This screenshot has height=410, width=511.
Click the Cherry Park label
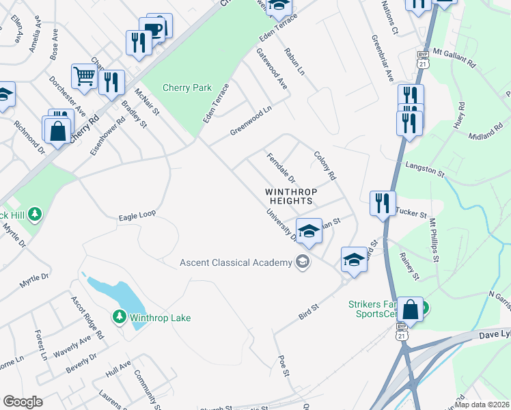pos(187,87)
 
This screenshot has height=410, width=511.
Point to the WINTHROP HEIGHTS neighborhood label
pos(290,197)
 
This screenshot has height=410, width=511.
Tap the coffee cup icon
pos(156,29)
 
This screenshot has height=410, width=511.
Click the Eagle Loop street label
pos(137,214)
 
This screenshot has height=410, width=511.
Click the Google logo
pos(22,402)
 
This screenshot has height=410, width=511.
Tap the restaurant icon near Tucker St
pos(382,202)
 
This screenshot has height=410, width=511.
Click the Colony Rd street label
pos(325,165)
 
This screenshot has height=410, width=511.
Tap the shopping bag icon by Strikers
pos(411,310)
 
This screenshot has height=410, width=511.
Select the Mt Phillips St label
pos(434,239)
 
